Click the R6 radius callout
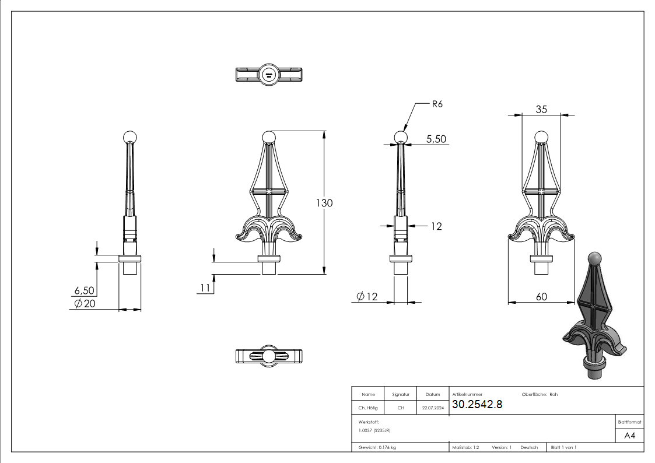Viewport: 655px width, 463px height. [x=437, y=104]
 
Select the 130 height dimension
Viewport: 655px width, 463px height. [x=324, y=203]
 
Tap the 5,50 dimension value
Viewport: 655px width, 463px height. [x=437, y=139]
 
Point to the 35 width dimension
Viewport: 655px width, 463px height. [x=541, y=108]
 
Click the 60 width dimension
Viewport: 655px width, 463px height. [x=541, y=297]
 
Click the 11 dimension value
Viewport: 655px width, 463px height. [x=204, y=287]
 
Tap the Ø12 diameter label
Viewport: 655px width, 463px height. [x=367, y=297]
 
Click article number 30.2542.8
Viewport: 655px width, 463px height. [x=477, y=404]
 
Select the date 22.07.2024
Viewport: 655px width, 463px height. [x=433, y=408]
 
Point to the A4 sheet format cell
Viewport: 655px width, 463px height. [x=629, y=436]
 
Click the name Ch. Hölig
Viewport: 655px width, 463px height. [x=367, y=408]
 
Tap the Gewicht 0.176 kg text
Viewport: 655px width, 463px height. [x=377, y=447]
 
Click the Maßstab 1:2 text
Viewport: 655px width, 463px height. [x=465, y=447]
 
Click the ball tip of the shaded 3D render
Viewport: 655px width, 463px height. [x=594, y=257]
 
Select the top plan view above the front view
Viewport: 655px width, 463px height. [x=268, y=75]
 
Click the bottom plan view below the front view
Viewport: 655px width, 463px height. [x=269, y=356]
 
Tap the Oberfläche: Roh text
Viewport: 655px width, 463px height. [x=535, y=395]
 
